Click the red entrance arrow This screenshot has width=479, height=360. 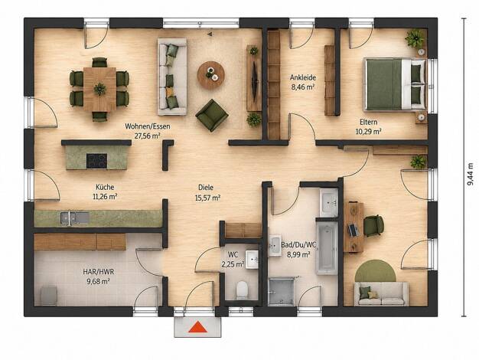click(198, 327)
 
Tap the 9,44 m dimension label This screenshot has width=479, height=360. click(471, 174)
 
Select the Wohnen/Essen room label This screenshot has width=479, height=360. click(148, 126)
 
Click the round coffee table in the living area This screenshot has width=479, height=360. click(210, 75)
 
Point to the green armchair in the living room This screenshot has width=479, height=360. click(212, 115)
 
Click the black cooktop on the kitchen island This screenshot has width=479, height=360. click(97, 161)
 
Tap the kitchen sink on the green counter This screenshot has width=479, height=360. click(74, 218)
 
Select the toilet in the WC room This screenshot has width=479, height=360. click(243, 290)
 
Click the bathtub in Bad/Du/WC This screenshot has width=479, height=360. click(327, 248)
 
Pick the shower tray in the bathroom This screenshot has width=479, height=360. click(281, 291)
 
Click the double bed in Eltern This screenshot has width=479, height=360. click(395, 84)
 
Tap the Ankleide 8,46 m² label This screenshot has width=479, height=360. click(303, 82)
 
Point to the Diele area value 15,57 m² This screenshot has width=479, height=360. click(207, 198)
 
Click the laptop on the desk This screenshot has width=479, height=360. click(354, 230)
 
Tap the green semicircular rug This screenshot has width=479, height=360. click(376, 270)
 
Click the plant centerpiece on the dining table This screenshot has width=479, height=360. click(100, 89)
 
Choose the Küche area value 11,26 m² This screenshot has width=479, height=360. click(105, 196)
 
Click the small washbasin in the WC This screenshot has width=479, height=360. click(252, 260)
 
